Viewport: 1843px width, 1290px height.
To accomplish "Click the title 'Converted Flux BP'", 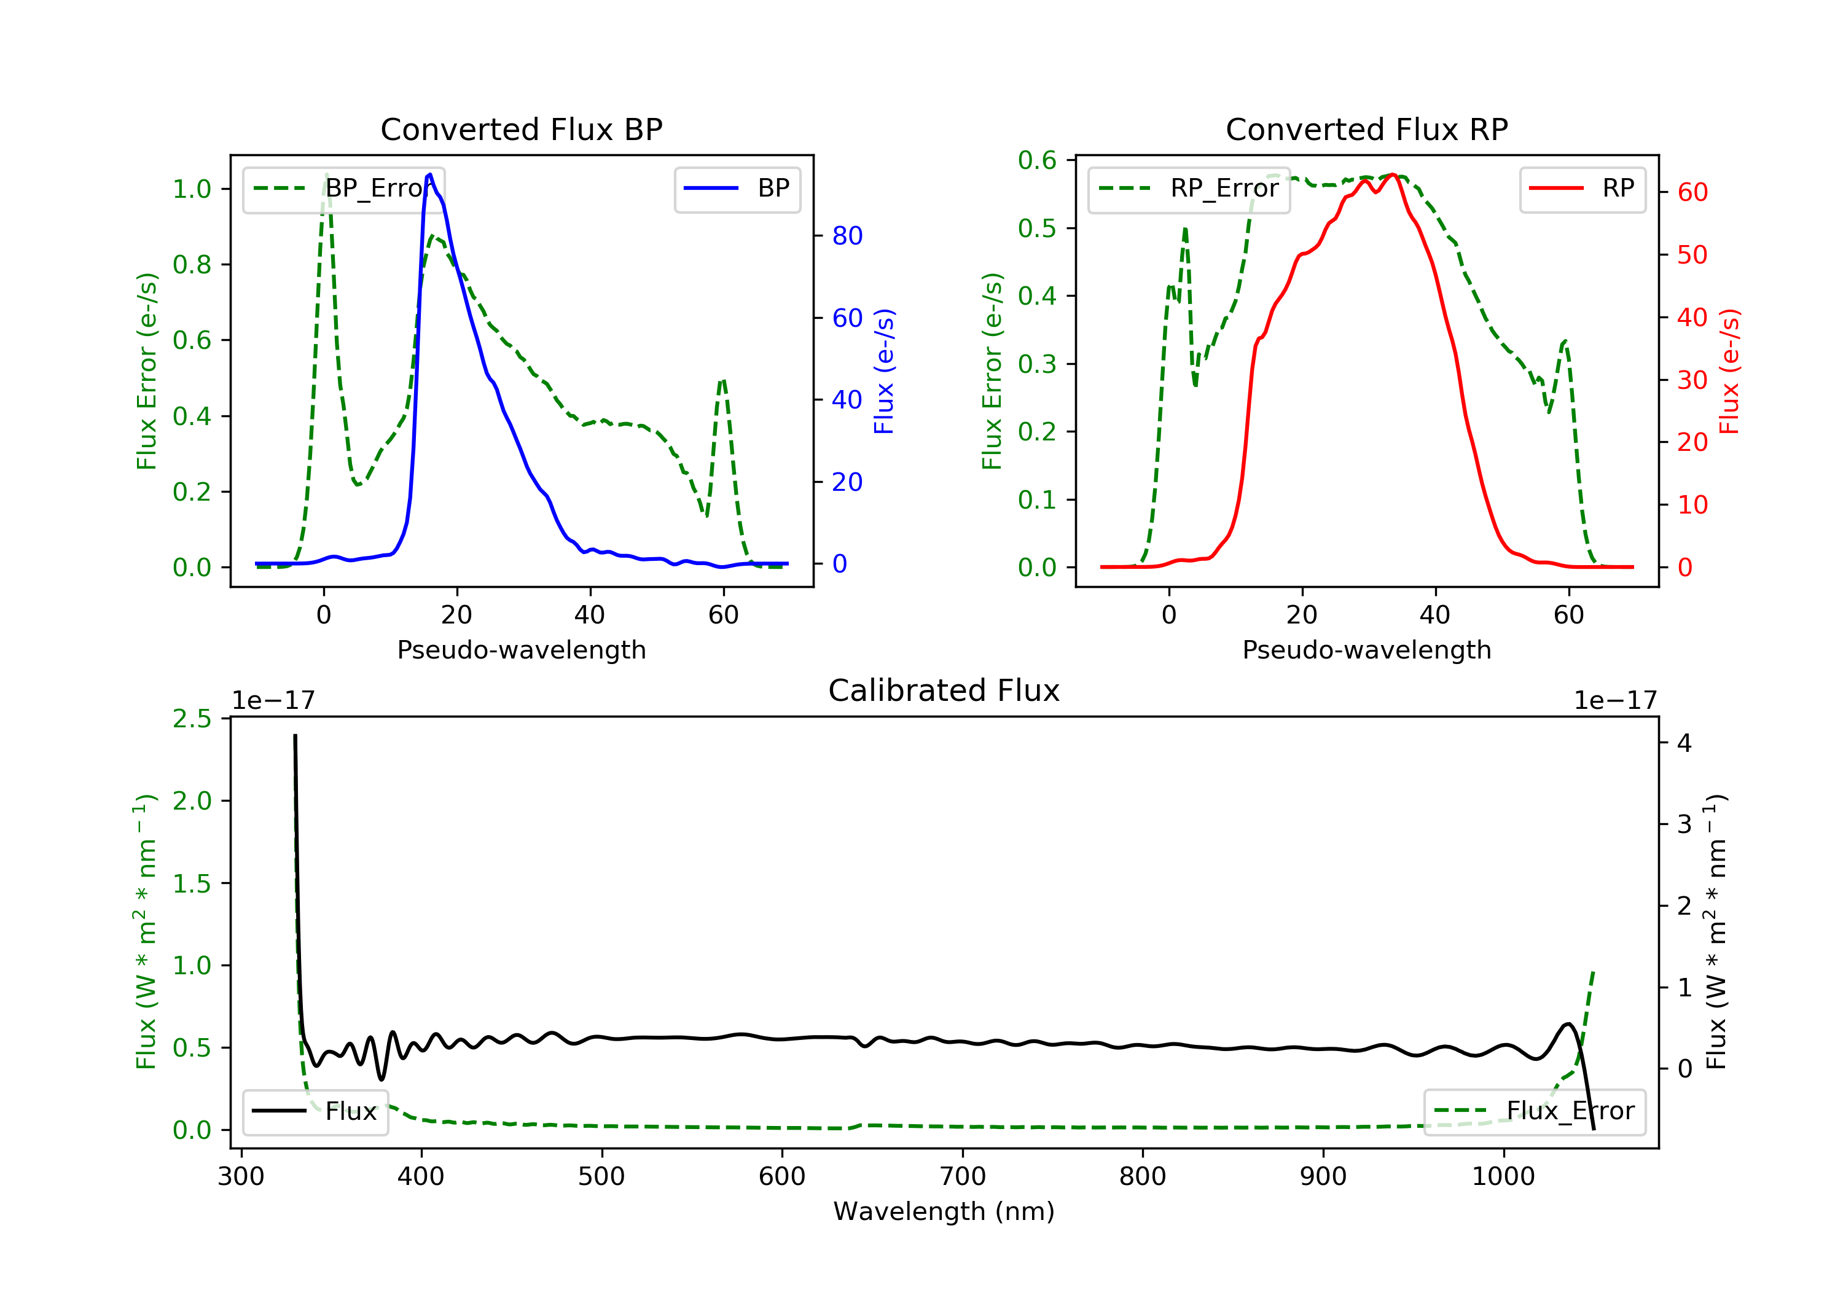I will click(x=521, y=129).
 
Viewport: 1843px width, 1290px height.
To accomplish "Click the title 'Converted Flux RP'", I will click(x=1366, y=129).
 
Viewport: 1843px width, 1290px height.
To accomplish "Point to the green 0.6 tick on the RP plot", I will click(x=1037, y=160).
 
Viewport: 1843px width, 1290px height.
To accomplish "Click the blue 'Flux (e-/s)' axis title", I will click(x=884, y=372).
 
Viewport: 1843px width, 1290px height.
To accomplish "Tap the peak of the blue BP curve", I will click(x=430, y=174).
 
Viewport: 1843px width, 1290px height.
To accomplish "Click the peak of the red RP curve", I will click(x=1393, y=174).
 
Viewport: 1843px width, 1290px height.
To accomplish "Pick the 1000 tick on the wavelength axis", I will click(x=1503, y=1177).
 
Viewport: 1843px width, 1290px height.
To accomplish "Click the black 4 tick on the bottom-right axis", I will click(x=1684, y=743).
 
